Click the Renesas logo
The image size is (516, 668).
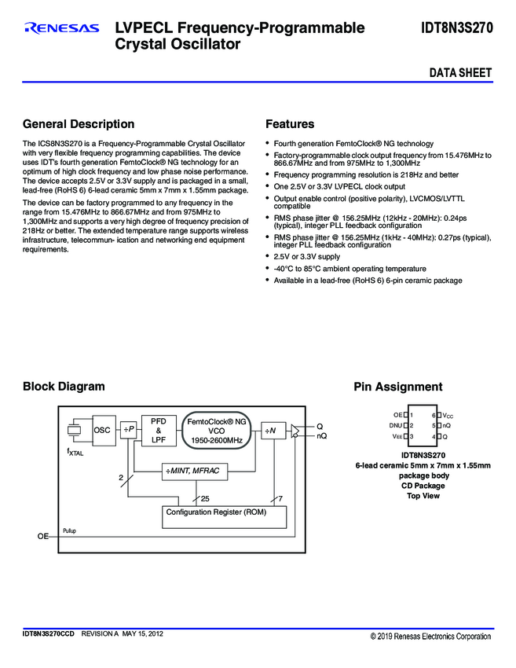pyautogui.click(x=62, y=29)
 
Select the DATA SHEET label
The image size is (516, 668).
pyautogui.click(x=460, y=73)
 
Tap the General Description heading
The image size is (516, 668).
pyautogui.click(x=79, y=124)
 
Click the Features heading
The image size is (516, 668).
pyautogui.click(x=290, y=124)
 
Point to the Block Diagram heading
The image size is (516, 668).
pyautogui.click(x=64, y=387)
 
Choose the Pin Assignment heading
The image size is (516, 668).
pyautogui.click(x=397, y=387)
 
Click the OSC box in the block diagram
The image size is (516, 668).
pyautogui.click(x=103, y=430)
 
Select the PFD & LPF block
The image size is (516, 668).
pyautogui.click(x=159, y=430)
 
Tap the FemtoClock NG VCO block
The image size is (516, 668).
pyautogui.click(x=217, y=431)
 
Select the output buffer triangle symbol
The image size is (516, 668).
pyautogui.click(x=295, y=430)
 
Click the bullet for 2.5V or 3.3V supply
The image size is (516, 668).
pyautogui.click(x=268, y=256)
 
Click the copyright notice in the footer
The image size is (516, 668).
pyautogui.click(x=430, y=636)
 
